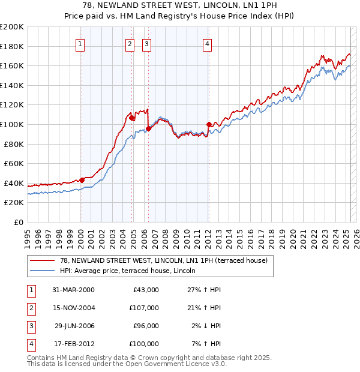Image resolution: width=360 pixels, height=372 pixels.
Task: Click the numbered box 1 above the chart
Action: (x=80, y=43)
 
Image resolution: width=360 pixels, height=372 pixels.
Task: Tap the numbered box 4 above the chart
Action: (x=207, y=43)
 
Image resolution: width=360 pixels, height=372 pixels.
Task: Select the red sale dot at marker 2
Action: (x=132, y=118)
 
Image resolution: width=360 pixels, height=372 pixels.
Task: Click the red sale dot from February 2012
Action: (x=209, y=125)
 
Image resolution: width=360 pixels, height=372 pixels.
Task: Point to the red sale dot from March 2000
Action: (x=82, y=180)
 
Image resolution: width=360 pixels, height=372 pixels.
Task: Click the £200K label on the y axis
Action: (x=12, y=27)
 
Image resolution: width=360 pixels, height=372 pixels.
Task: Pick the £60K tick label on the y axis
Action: (x=14, y=163)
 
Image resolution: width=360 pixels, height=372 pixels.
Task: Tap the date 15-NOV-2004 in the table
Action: (x=73, y=308)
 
